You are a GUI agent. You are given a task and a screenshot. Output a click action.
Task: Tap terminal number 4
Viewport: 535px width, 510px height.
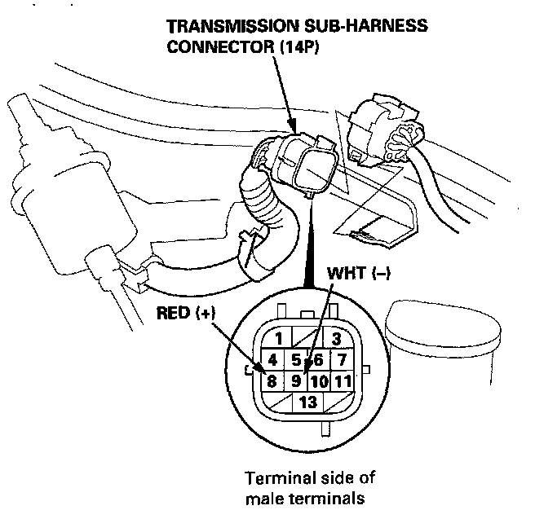[x=272, y=359]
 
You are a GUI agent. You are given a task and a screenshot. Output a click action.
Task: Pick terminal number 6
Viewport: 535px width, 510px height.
[x=319, y=359]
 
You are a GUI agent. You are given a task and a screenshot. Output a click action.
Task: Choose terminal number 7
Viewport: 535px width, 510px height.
[x=343, y=359]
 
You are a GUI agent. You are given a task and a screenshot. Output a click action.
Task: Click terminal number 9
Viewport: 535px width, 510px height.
[x=297, y=380]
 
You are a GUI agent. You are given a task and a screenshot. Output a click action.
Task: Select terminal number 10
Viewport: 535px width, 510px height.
[x=319, y=380]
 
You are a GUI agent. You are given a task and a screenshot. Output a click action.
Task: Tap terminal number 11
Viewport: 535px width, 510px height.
[x=343, y=380]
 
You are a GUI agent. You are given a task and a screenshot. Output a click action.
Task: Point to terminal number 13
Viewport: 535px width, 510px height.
[x=307, y=401]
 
